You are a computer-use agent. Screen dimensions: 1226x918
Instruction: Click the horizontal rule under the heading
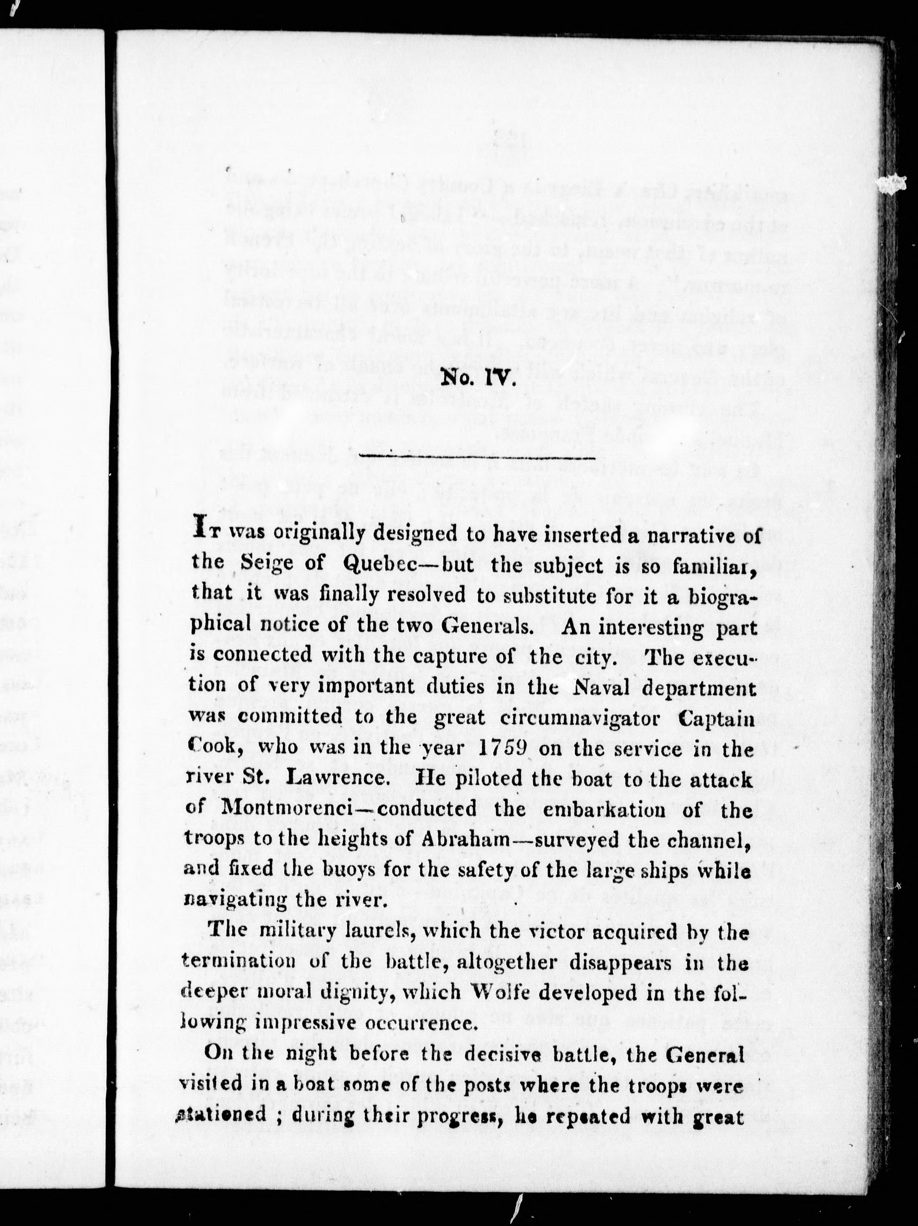477,458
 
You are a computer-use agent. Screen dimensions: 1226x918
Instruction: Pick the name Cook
213,749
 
